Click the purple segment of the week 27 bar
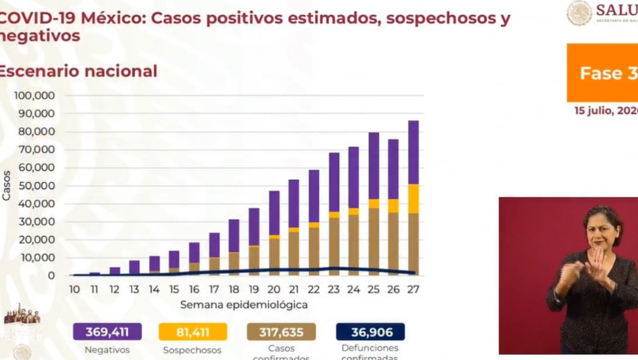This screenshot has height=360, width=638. pos(413,152)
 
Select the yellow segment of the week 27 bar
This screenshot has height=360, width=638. pos(413,199)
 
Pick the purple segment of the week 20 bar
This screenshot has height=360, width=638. pos(274,213)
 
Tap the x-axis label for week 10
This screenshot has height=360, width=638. pos(74,290)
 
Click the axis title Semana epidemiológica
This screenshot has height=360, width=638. pos(244,305)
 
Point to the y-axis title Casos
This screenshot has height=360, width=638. pos(7,185)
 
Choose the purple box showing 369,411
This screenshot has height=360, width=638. pos(107,332)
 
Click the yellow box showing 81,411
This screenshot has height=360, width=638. pos(193,332)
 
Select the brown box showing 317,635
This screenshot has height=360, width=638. pos(281,332)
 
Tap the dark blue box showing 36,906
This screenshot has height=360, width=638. pos(370,332)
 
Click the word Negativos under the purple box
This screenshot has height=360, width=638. pos(107,349)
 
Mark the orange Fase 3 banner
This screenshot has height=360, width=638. pos(602,73)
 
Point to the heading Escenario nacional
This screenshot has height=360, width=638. pos(78,71)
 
